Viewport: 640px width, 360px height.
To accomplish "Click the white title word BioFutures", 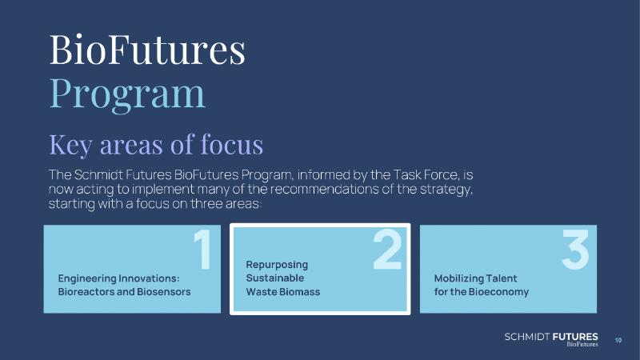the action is click(x=147, y=50).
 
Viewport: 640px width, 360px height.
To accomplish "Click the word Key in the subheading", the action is click(x=71, y=146).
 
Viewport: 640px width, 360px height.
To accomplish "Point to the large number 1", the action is click(x=203, y=250).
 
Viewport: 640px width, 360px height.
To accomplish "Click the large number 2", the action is click(x=388, y=250).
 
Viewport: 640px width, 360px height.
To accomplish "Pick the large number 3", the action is click(x=575, y=250).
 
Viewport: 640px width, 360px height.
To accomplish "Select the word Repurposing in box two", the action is click(x=277, y=265).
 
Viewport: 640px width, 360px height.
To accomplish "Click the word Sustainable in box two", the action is click(x=275, y=278).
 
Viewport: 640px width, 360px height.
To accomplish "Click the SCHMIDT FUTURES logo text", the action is click(x=551, y=337).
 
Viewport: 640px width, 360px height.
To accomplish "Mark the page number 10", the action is click(x=618, y=340).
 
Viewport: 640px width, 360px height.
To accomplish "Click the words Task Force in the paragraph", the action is click(x=425, y=174).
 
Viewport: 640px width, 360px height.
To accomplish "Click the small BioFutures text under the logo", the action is click(x=582, y=345).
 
